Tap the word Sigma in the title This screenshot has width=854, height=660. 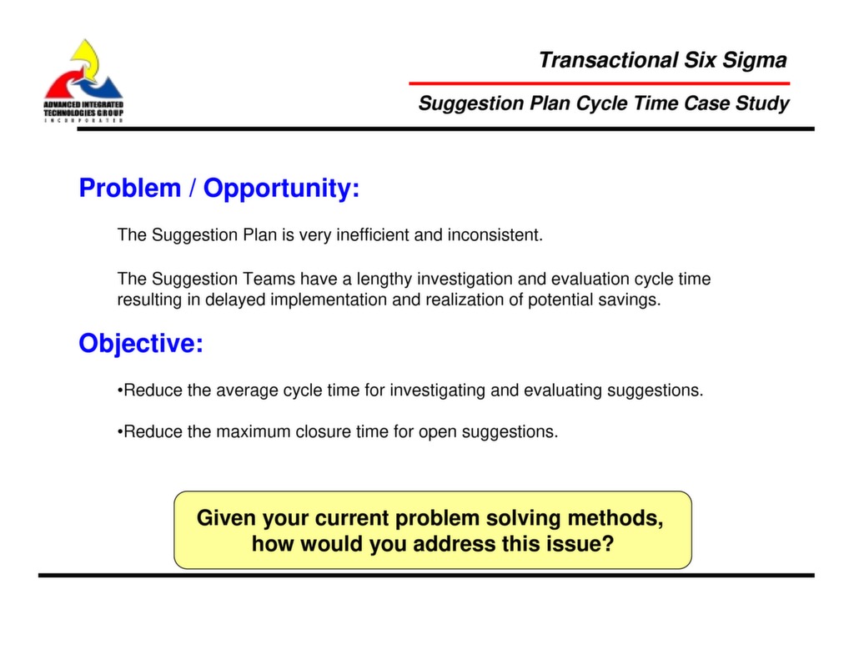[x=754, y=60]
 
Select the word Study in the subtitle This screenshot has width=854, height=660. [x=761, y=103]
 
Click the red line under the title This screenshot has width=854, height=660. [x=599, y=83]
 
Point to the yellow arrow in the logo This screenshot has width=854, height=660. [x=86, y=57]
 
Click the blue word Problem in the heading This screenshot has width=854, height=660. [x=129, y=189]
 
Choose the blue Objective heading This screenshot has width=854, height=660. [x=141, y=343]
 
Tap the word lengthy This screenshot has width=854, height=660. [x=384, y=279]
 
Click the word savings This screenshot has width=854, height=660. [x=635, y=300]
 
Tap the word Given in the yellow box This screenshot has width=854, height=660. [x=226, y=518]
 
